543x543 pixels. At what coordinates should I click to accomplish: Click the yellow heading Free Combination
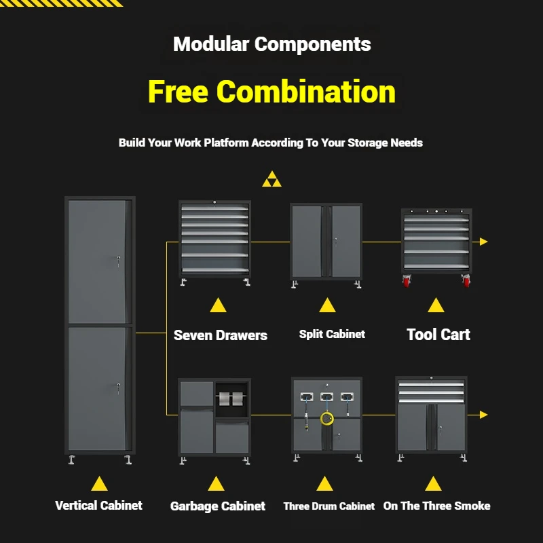(x=271, y=92)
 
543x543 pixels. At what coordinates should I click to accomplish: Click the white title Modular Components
(x=271, y=45)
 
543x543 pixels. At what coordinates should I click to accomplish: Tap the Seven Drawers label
(x=221, y=335)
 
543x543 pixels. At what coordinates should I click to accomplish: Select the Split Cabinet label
(x=332, y=334)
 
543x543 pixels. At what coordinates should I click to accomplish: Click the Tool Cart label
(x=438, y=334)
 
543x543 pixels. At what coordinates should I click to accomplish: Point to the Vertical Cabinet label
(x=99, y=505)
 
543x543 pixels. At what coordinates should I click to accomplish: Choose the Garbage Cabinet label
(x=218, y=506)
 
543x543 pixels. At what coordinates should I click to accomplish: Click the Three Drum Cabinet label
(x=329, y=506)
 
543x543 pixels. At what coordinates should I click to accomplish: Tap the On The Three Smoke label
(x=436, y=506)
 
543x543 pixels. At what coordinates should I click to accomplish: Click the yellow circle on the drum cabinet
(x=327, y=419)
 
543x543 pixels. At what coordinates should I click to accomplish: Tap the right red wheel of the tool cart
(x=466, y=281)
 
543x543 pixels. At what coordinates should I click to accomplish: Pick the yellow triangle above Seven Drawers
(x=218, y=305)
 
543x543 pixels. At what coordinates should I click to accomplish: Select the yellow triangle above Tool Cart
(x=436, y=305)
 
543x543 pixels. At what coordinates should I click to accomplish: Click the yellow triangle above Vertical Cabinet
(x=99, y=483)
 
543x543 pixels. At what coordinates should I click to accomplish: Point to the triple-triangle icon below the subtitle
(x=271, y=179)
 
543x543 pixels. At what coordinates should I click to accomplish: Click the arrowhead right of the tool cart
(x=483, y=242)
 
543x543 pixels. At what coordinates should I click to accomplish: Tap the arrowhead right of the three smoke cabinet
(x=483, y=414)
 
